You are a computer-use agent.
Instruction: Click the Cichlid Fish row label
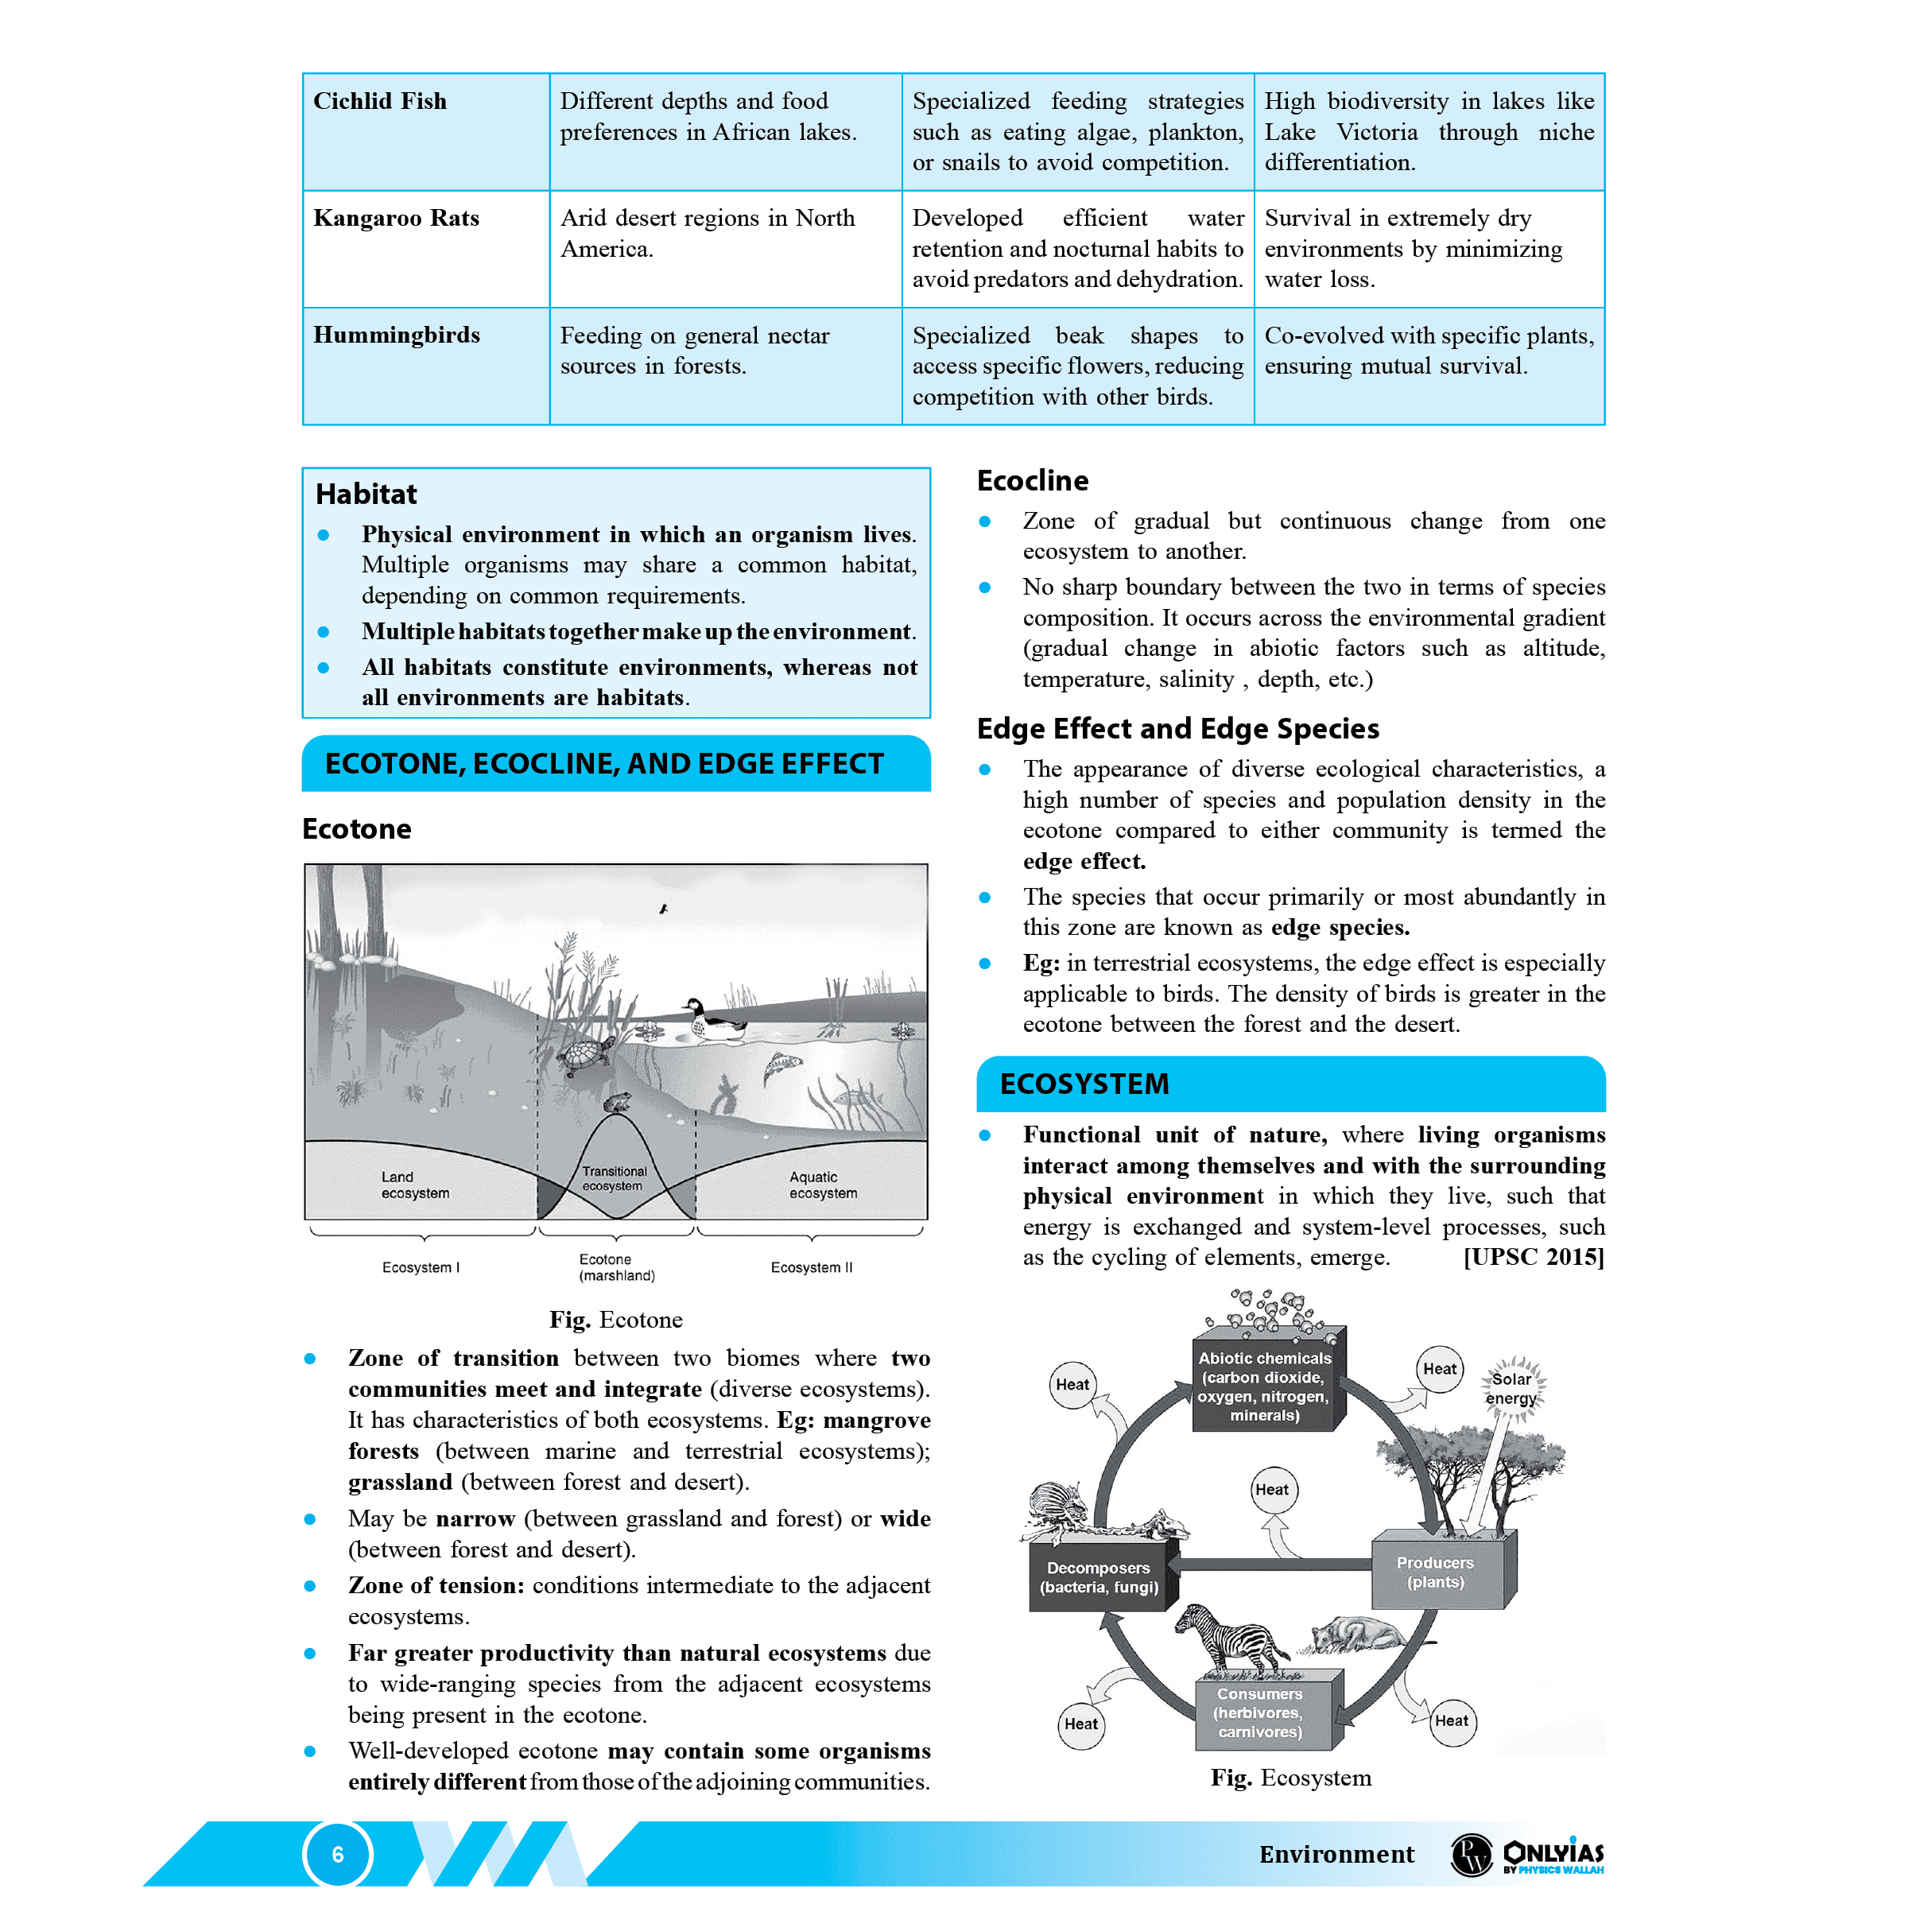point(380,102)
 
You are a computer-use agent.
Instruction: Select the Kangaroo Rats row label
point(396,219)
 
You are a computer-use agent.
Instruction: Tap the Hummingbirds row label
point(396,335)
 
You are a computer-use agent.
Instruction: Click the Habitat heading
point(366,494)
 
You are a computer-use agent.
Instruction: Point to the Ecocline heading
point(1032,481)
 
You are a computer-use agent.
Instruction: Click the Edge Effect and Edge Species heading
point(1177,729)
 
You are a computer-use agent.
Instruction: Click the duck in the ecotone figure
point(712,1022)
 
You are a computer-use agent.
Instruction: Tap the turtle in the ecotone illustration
point(586,1057)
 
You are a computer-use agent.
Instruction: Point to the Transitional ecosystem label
point(613,1178)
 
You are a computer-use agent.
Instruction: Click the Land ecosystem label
point(415,1185)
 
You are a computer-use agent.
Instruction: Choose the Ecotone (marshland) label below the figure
point(616,1267)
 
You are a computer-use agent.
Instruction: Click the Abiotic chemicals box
point(1264,1386)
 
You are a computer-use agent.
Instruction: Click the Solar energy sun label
point(1511,1389)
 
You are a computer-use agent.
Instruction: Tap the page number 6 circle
point(338,1855)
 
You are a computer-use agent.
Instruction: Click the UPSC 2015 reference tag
point(1533,1257)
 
